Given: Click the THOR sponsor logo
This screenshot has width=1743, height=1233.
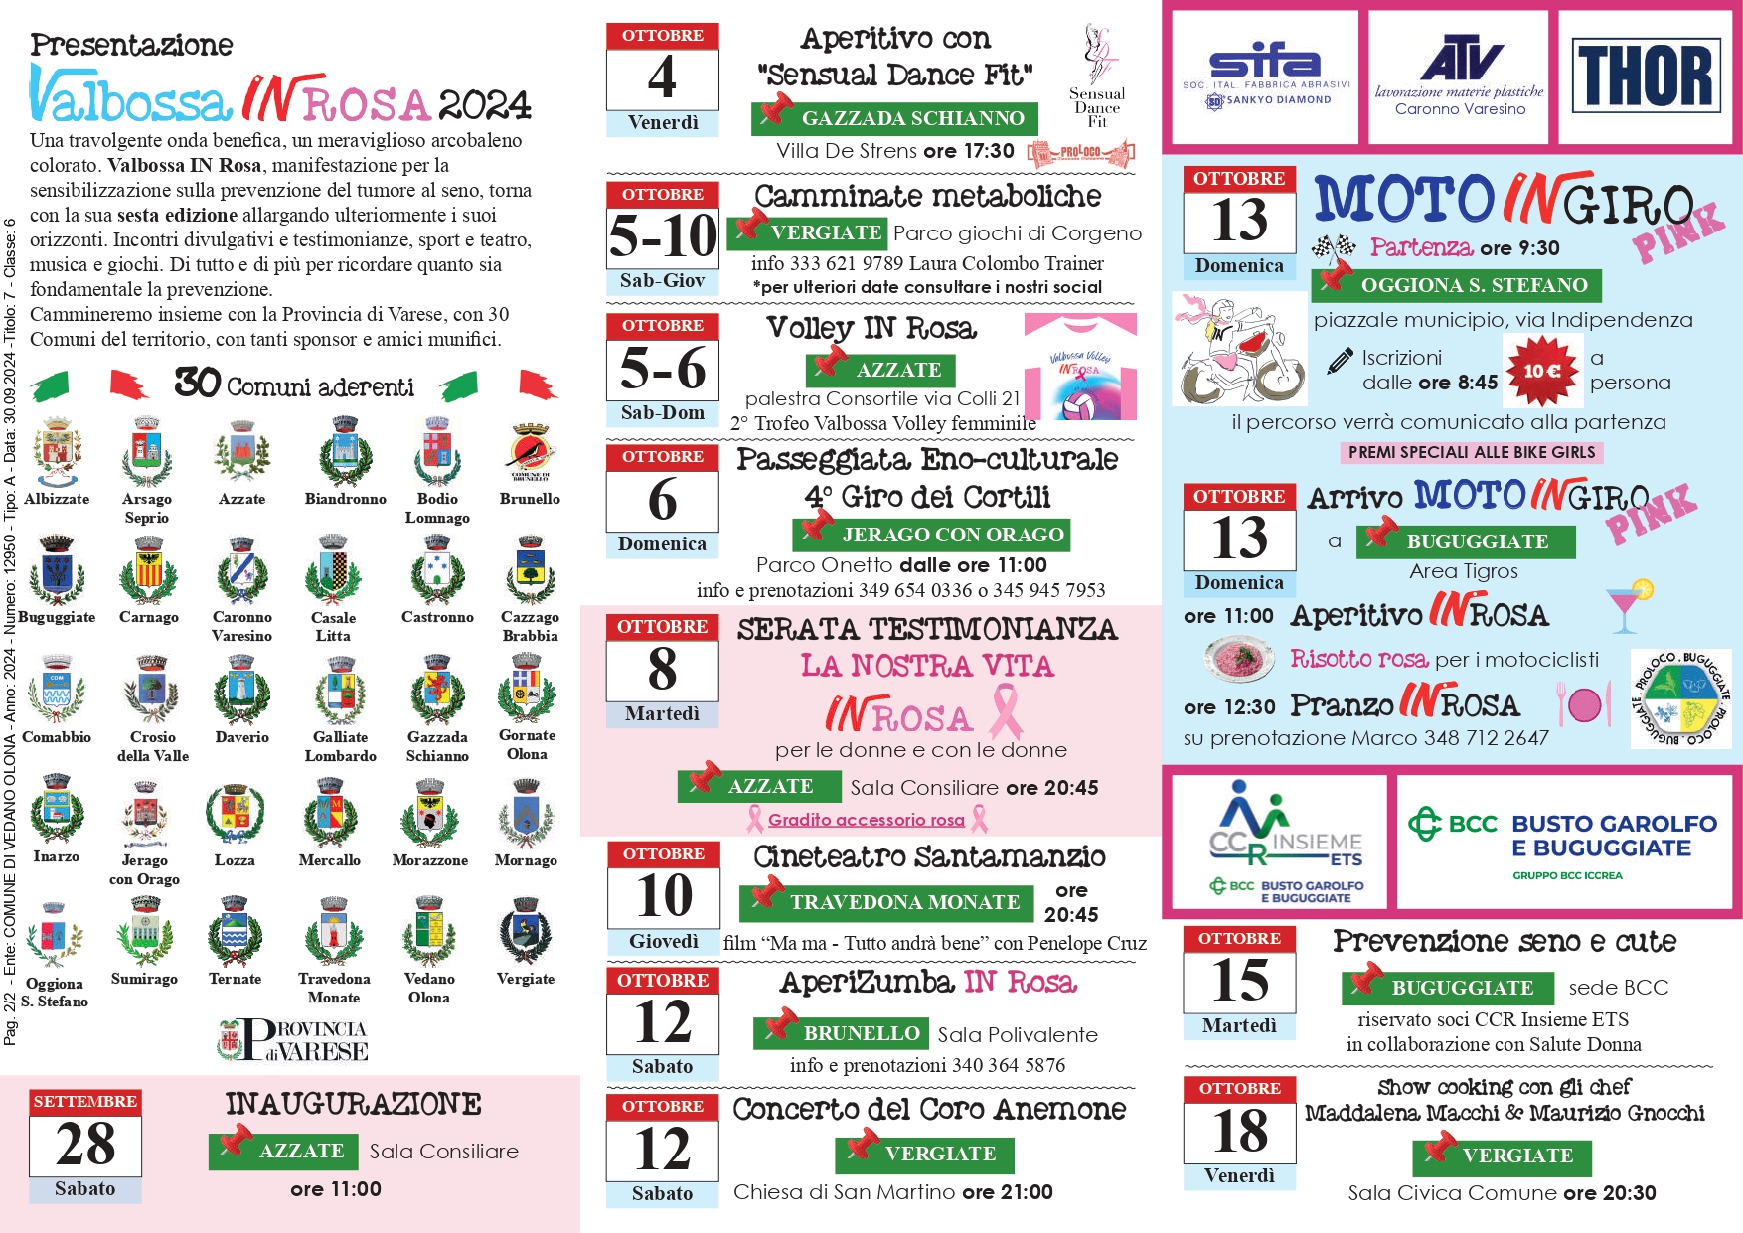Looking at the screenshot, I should (x=1647, y=77).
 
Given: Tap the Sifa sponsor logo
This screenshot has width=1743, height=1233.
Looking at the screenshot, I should (x=1265, y=77).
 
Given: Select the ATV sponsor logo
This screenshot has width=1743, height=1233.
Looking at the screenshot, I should (x=1459, y=77).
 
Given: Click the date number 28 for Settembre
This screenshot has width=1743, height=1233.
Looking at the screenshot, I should (x=85, y=1144).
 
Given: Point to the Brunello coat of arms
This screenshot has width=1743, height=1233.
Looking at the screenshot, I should (x=530, y=453).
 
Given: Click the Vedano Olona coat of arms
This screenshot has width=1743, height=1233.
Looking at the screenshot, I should (x=429, y=932).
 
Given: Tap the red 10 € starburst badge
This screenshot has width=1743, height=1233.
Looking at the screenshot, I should (x=1541, y=371).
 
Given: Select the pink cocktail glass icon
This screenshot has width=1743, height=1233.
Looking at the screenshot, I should (x=1627, y=606).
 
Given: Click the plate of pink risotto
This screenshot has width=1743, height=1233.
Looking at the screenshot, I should (x=1238, y=657).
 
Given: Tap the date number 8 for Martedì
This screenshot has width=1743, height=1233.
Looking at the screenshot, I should (x=662, y=669).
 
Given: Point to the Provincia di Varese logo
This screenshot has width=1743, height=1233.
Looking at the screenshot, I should (x=293, y=1039).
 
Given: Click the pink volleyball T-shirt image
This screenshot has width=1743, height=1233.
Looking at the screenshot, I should (x=1080, y=368).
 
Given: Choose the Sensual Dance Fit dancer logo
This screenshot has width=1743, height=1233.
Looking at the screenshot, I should (x=1097, y=75).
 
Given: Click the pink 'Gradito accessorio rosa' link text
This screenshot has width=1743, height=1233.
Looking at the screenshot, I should (x=866, y=820).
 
